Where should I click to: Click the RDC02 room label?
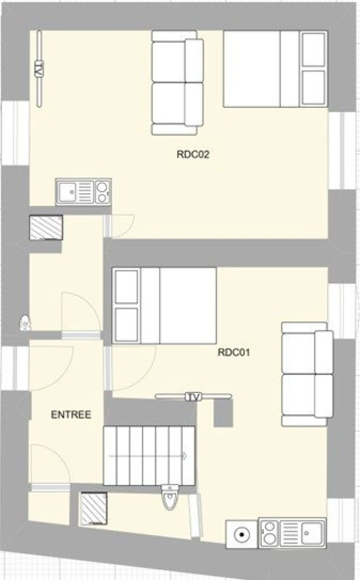192,155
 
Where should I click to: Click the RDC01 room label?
234,353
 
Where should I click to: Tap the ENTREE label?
70,415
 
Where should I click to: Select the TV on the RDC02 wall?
39,68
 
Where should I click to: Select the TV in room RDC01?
193,397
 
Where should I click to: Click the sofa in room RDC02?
177,83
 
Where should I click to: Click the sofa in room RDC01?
307,374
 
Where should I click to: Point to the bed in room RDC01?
164,305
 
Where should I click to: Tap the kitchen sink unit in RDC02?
83,192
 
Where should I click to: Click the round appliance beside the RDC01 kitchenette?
242,534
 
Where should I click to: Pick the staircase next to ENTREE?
148,455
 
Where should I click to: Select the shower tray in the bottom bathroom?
93,509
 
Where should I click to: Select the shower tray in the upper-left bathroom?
46,228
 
